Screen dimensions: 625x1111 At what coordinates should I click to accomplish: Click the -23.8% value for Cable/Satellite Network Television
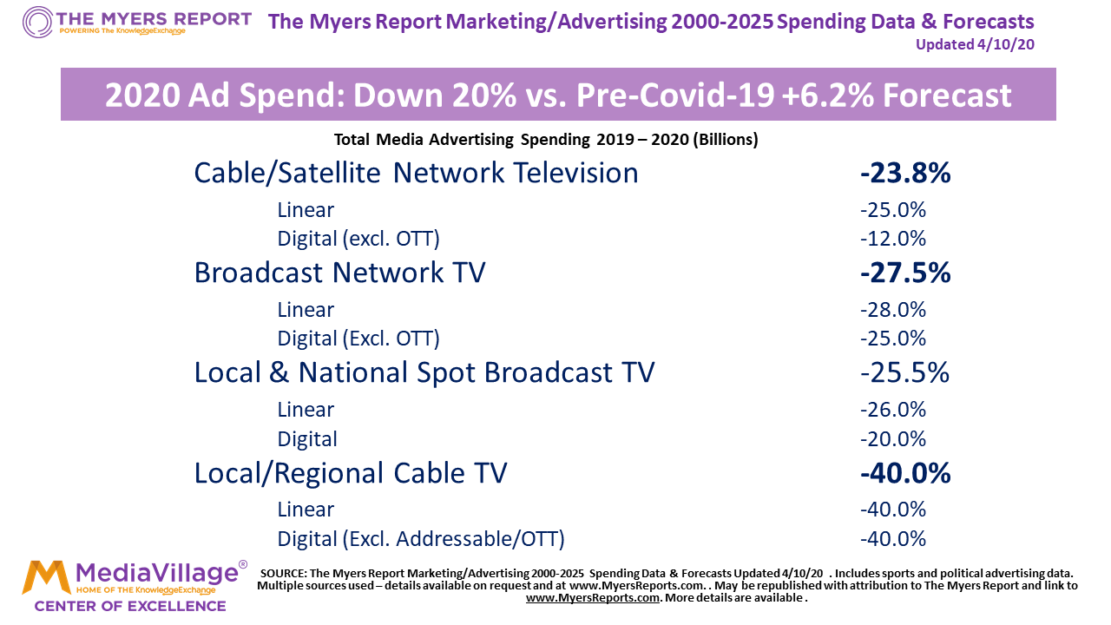click(905, 173)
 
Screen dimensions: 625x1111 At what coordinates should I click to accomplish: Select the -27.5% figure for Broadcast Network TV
click(905, 273)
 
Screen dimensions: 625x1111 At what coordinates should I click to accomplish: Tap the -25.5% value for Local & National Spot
click(904, 372)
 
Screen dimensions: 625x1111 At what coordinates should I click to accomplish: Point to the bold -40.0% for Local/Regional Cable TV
click(905, 473)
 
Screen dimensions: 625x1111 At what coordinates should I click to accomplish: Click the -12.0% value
click(893, 239)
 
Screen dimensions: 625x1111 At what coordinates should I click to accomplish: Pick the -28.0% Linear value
click(893, 310)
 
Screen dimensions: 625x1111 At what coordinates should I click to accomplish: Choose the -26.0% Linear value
click(893, 410)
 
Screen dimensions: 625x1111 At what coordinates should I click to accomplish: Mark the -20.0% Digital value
click(893, 439)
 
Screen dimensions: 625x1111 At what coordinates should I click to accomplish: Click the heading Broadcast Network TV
click(339, 273)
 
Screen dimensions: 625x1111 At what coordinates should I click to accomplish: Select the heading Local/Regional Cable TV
click(351, 473)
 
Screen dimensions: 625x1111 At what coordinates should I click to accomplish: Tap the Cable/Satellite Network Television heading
click(416, 173)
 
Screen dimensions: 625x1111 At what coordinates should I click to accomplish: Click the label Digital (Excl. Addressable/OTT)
click(421, 539)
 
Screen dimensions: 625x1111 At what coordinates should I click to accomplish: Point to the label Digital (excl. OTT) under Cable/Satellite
click(358, 239)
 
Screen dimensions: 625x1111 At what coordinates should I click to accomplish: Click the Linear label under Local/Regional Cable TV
click(306, 510)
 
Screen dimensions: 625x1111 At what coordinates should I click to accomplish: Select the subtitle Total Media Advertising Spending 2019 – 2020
click(546, 140)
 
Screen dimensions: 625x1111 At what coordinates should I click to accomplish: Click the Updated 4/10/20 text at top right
click(975, 44)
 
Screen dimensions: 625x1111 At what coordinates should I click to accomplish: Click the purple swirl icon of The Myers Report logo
click(37, 22)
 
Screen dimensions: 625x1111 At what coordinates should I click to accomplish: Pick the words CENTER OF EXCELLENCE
click(130, 605)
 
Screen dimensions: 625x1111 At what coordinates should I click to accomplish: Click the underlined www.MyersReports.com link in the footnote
click(593, 598)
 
